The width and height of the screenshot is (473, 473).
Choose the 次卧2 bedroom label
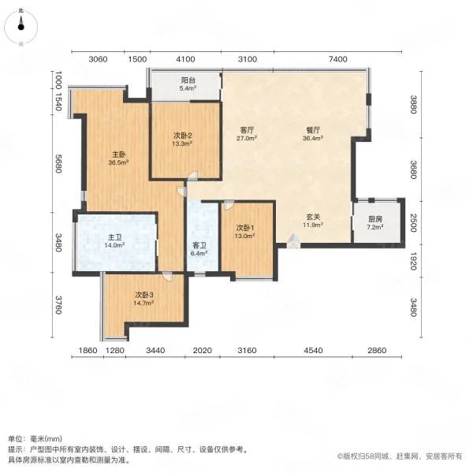(184, 139)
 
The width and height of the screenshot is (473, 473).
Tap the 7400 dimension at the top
(337, 59)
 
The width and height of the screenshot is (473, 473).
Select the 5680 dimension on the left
(58, 166)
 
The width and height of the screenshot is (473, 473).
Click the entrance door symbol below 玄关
(293, 244)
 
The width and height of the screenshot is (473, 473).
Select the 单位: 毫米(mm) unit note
(35, 438)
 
